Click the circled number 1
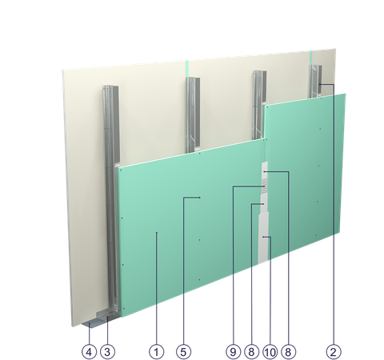coord(156,352)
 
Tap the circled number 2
coord(334,352)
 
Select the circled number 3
coord(107,352)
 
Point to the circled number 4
coord(90,352)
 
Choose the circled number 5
coord(183,352)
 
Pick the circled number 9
coord(233,352)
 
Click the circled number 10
coord(270,352)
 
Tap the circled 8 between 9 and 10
coord(251,352)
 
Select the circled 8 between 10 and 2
coord(288,352)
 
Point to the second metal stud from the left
coord(193,114)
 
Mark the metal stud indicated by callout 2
coord(315,82)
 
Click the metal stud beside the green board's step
coord(258,105)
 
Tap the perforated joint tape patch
coord(264,186)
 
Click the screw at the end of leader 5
coord(200,198)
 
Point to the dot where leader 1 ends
coord(157,233)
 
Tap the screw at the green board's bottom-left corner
coord(124,308)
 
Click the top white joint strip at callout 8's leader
coord(265,170)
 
